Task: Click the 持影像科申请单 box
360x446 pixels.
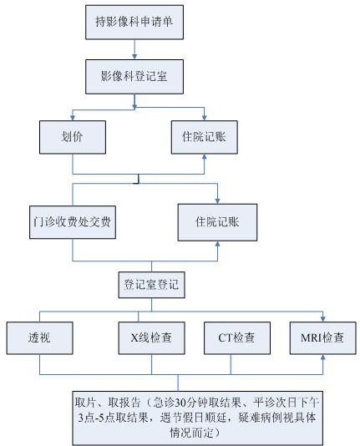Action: click(134, 23)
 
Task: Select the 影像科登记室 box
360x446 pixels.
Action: click(134, 77)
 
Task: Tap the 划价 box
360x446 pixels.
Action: click(73, 137)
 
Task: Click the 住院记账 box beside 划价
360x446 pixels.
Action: click(204, 137)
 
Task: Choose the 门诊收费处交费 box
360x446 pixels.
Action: click(73, 222)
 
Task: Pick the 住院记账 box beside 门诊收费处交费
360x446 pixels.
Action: click(217, 222)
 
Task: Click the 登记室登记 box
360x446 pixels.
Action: click(151, 285)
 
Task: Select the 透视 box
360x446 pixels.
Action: click(39, 338)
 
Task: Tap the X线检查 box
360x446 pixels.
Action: click(151, 338)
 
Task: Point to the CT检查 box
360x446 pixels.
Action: click(237, 338)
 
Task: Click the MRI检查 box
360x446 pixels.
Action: click(322, 338)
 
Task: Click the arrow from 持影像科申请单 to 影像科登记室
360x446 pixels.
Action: click(134, 49)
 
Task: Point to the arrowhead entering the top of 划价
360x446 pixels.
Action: click(73, 118)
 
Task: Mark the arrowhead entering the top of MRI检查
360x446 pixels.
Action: click(322, 318)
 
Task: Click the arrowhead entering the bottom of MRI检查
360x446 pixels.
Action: click(322, 357)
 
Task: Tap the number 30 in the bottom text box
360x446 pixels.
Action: click(180, 403)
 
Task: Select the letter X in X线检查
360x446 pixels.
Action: click(134, 338)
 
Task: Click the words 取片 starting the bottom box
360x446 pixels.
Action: click(86, 403)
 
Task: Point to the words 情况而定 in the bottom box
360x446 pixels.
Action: click(191, 433)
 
